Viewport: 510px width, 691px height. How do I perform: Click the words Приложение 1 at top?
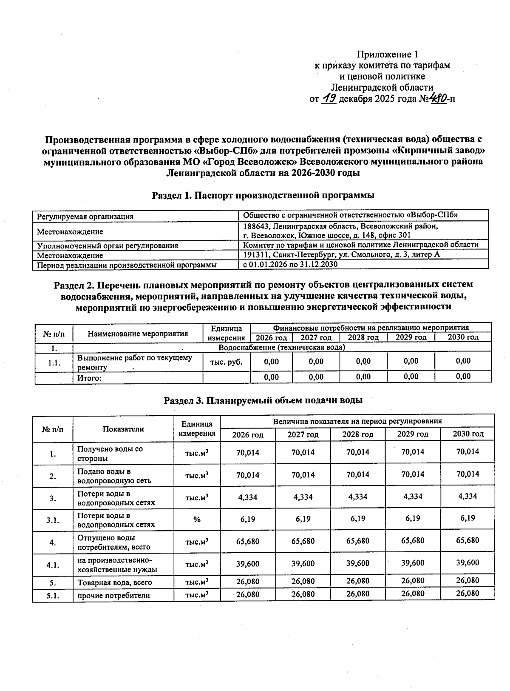click(387, 54)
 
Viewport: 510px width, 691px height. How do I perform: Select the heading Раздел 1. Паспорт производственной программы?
click(263, 195)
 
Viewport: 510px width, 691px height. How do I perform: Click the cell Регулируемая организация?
click(85, 216)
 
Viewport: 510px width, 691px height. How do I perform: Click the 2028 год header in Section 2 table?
click(363, 337)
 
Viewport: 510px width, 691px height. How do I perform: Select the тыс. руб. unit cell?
click(227, 362)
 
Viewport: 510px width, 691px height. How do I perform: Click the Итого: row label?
click(89, 377)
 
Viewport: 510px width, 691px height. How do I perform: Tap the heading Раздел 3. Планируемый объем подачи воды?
click(263, 400)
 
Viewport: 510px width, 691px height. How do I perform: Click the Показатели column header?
click(123, 429)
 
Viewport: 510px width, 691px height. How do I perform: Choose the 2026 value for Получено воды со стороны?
click(248, 452)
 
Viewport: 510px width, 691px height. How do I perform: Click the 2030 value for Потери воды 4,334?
click(467, 496)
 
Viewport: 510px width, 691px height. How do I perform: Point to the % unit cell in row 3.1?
click(197, 519)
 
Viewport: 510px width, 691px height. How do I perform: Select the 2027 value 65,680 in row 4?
click(303, 541)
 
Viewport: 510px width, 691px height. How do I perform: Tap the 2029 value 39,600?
click(413, 563)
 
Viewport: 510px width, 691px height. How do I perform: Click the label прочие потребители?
click(113, 595)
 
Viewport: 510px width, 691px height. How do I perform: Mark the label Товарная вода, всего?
click(114, 582)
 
